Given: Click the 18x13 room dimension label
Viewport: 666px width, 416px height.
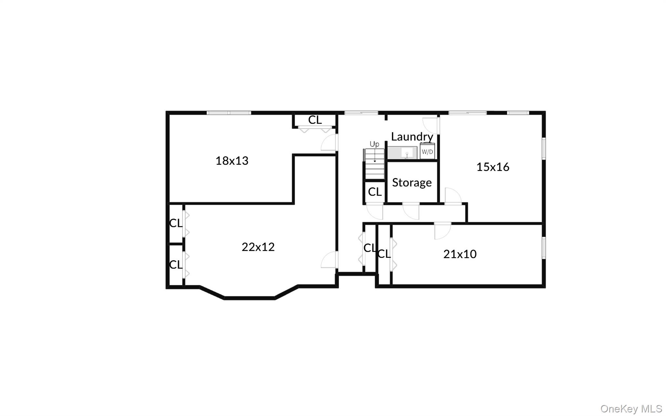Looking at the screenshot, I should tap(232, 160).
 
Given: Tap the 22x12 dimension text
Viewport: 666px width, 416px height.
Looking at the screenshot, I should tap(258, 247).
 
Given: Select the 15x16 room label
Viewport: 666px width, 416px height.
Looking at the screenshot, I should tap(493, 167).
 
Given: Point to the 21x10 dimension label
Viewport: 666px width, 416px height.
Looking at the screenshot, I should tap(460, 254).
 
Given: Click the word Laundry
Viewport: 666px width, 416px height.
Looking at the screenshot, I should tap(412, 136).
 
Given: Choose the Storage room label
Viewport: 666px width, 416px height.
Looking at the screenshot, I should tap(412, 182).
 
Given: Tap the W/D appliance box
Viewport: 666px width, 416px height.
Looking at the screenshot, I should tap(427, 151).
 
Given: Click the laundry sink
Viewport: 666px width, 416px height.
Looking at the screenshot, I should tap(406, 152).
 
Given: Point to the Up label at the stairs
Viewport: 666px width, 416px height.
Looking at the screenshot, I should tap(374, 144).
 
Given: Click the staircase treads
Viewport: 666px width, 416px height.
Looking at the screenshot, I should tap(375, 168).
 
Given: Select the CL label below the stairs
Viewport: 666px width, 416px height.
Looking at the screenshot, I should tap(375, 192).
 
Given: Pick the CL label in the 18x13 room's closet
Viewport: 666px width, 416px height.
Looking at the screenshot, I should tap(315, 120).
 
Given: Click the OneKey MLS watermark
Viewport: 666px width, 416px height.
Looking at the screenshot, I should tap(631, 409).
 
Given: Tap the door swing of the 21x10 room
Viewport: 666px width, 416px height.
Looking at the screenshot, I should tap(442, 231).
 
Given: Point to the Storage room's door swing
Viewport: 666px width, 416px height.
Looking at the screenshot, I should tap(411, 211).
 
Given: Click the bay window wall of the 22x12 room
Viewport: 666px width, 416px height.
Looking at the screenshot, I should tap(249, 298).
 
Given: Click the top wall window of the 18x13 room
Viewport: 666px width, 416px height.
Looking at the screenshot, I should tap(229, 113).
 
